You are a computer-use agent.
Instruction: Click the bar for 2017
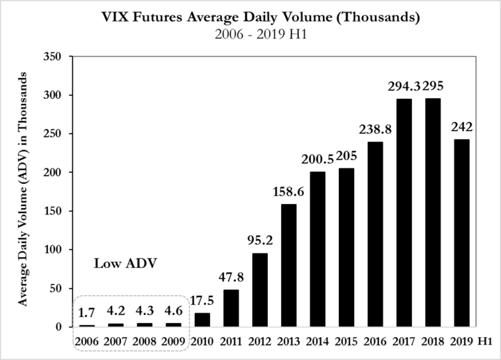(404, 212)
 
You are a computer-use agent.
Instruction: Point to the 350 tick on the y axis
(52, 56)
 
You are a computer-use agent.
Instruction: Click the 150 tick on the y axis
(52, 211)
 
